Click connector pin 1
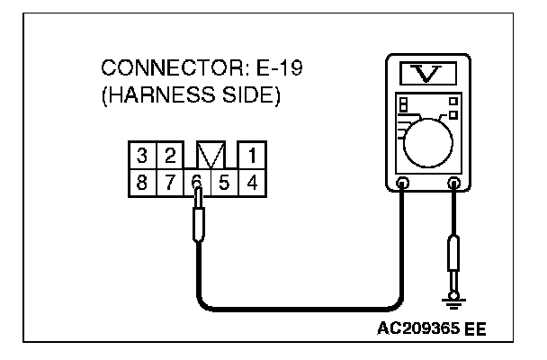253,155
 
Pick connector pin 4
253,181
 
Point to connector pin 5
225,181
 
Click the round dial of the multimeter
427,143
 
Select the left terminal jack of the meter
403,184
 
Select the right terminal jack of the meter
454,184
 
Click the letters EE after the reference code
476,328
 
